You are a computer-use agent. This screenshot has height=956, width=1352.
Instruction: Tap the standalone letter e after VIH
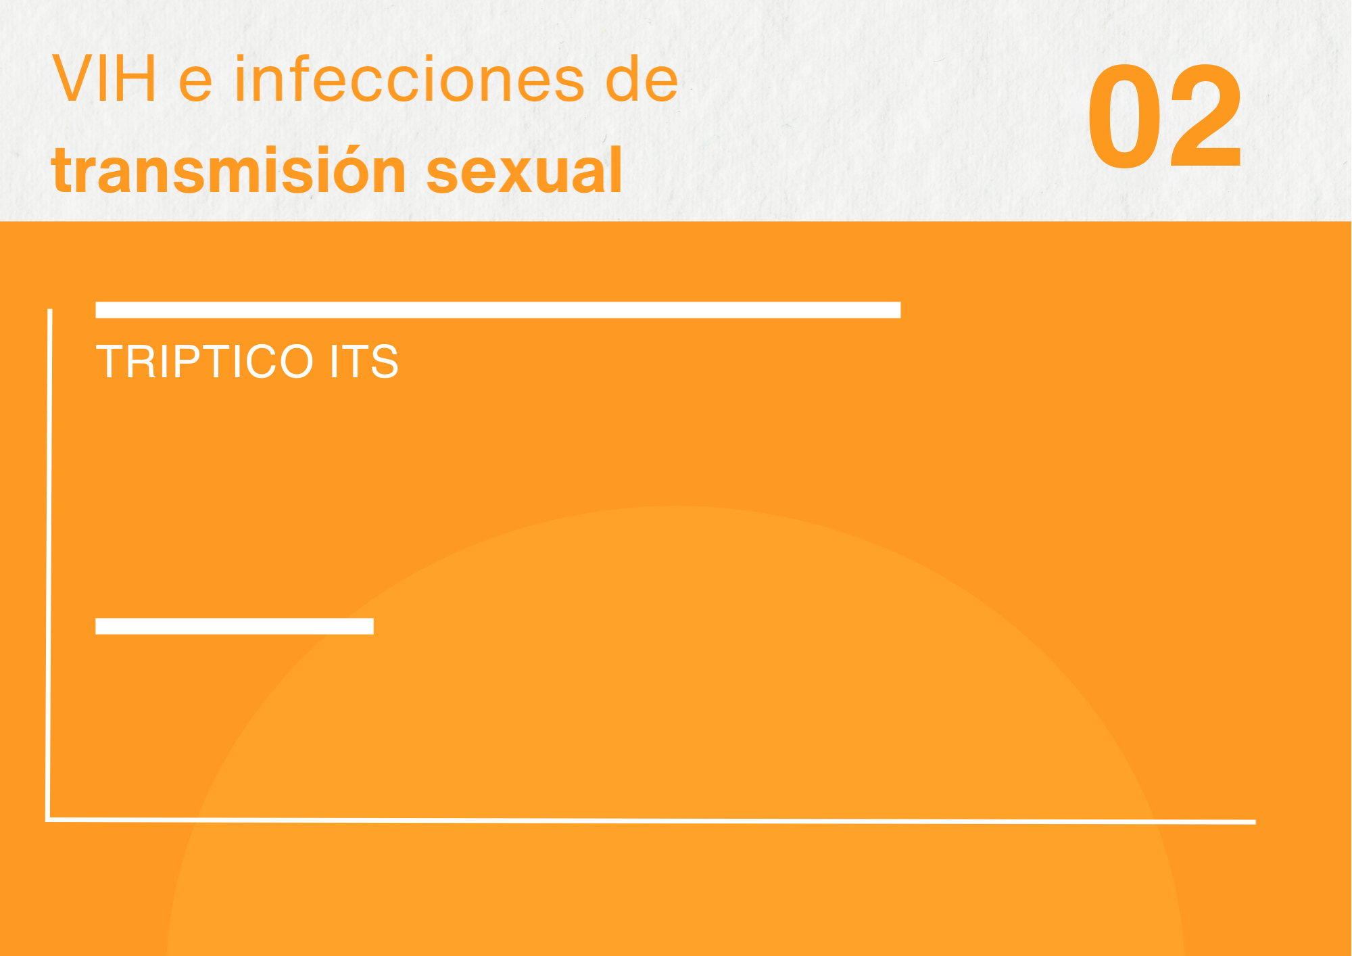pyautogui.click(x=195, y=85)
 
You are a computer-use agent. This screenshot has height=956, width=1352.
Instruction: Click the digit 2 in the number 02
pyautogui.click(x=1206, y=116)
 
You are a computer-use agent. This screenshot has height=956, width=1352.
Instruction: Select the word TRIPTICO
pyautogui.click(x=204, y=361)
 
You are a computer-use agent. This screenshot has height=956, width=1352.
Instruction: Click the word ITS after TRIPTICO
pyautogui.click(x=364, y=361)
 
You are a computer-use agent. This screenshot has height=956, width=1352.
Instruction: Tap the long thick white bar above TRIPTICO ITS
pyautogui.click(x=498, y=310)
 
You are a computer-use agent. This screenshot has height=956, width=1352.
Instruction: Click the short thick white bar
pyautogui.click(x=235, y=626)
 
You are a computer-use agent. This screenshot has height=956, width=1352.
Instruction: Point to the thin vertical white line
pyautogui.click(x=49, y=565)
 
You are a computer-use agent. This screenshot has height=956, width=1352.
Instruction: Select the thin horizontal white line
pyautogui.click(x=651, y=821)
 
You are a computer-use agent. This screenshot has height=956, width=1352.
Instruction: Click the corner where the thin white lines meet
pyautogui.click(x=48, y=819)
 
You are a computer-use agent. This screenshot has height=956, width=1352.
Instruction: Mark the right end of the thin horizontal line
pyautogui.click(x=1255, y=822)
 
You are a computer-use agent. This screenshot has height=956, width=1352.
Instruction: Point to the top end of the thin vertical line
pyautogui.click(x=50, y=310)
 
